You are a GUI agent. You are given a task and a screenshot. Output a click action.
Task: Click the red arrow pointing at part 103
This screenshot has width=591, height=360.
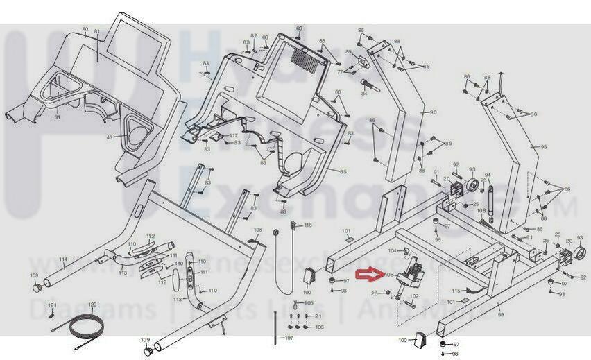[368, 275]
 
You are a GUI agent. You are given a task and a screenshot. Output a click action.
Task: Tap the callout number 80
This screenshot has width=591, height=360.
[85, 29]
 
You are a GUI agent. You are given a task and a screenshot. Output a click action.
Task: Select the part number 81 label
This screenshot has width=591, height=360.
[97, 32]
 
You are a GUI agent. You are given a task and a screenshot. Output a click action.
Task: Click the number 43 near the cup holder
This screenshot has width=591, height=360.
[109, 137]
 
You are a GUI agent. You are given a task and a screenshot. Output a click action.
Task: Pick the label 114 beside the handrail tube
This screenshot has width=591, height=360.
[62, 260]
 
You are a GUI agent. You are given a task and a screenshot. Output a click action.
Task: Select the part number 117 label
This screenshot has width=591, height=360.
[234, 135]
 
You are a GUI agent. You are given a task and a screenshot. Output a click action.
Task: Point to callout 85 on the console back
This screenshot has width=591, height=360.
[343, 171]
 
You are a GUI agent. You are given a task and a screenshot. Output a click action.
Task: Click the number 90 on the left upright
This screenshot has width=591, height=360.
[433, 112]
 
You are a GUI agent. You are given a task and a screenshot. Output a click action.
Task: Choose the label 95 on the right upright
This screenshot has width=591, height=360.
[544, 147]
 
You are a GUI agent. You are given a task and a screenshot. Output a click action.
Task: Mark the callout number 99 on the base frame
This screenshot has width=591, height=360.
[501, 315]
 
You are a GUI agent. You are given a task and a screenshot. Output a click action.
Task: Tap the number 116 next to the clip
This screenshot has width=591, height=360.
[308, 225]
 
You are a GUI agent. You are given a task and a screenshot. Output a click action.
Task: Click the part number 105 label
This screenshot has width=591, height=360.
[309, 303]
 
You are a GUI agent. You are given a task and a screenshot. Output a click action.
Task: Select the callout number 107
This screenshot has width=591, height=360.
[289, 338]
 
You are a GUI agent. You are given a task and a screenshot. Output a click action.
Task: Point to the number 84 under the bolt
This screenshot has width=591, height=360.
[364, 93]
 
